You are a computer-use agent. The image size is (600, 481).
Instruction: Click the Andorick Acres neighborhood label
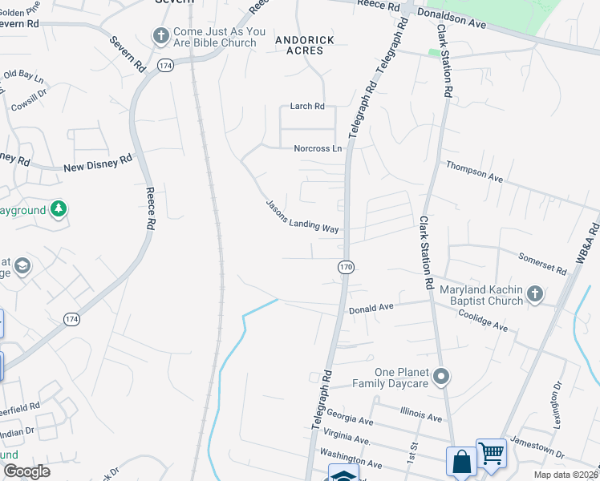tap(299, 44)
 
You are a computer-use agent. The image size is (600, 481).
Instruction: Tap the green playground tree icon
tap(58, 210)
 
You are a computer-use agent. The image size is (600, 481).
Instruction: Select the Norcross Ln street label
tap(318, 148)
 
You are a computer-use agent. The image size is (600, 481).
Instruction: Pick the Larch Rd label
tap(307, 107)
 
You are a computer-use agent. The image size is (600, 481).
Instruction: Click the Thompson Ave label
tap(474, 170)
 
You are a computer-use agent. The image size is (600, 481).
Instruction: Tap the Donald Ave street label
tap(370, 308)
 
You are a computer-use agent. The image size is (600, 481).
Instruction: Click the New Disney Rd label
tap(97, 164)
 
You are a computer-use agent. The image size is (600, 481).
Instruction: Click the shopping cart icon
tap(491, 454)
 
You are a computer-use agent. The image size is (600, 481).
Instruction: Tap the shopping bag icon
tap(462, 462)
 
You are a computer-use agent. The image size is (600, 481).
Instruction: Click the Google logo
tap(26, 472)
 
